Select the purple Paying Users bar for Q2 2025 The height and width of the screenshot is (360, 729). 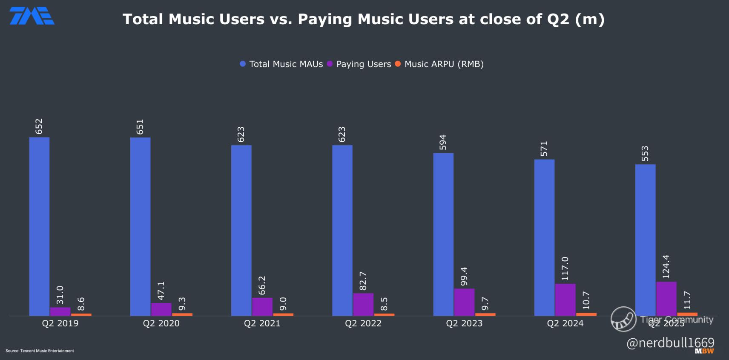coord(666,299)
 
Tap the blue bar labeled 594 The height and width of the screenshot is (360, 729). coord(443,234)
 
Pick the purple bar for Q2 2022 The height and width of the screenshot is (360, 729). coord(363,304)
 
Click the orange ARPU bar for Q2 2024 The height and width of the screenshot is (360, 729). coord(586,314)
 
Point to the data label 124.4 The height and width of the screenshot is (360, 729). coord(666,266)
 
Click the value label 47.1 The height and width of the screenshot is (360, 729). coord(161,290)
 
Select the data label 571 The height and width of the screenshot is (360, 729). coord(544,149)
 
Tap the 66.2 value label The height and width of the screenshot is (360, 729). coord(262,285)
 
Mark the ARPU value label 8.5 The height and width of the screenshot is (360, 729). coord(384,304)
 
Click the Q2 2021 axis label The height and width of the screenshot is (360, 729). coord(262,323)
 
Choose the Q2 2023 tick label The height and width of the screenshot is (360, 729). coord(464,323)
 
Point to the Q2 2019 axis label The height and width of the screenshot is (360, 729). coord(60,323)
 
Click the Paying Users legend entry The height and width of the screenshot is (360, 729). coord(363,64)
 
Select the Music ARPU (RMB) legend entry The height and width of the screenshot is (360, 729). coord(444,64)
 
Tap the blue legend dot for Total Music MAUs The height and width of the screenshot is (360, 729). coord(243,64)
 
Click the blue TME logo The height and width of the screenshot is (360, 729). coord(32,16)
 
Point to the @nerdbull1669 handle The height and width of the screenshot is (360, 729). coord(670,343)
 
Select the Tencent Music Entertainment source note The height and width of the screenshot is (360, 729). coord(40,351)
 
